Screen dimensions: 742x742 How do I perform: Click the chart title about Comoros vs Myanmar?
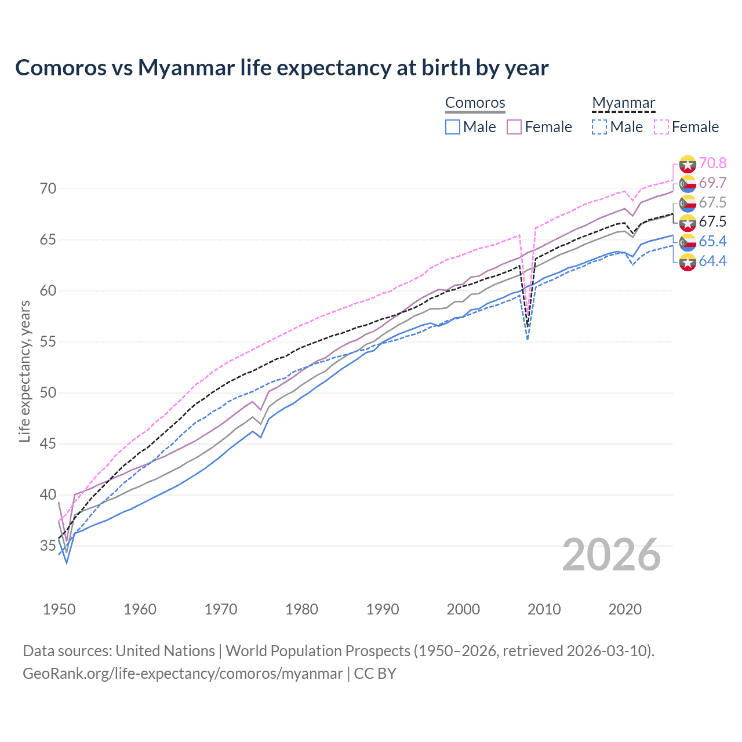282,68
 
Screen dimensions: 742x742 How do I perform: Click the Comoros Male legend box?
453,127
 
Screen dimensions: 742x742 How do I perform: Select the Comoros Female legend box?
514,127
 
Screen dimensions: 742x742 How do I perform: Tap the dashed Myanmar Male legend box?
599,127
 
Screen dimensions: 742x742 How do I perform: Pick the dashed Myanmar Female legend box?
661,127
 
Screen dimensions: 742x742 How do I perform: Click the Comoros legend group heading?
475,103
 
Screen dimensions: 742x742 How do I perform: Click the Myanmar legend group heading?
623,103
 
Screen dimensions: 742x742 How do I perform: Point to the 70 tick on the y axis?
48,189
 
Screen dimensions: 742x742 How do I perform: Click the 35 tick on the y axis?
48,546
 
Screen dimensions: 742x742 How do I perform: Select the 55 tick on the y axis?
48,342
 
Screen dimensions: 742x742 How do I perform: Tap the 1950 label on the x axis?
59,609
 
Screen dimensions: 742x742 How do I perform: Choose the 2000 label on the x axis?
463,609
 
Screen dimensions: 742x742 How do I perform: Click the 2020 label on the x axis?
625,609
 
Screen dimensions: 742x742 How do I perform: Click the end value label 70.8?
712,163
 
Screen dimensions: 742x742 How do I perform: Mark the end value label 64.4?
712,261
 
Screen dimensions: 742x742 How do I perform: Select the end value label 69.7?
712,183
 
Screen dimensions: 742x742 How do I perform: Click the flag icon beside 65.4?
688,242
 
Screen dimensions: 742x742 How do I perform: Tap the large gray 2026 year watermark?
612,555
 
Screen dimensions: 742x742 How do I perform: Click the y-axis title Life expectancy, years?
24,371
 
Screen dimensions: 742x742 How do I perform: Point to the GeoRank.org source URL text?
183,674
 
